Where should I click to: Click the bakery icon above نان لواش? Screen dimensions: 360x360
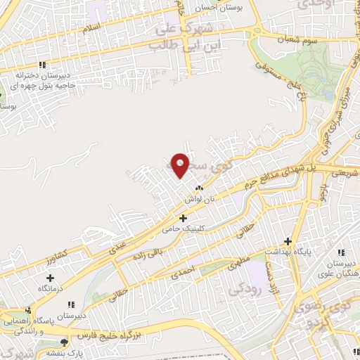click(x=198, y=188)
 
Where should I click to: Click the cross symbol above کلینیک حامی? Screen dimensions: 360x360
click(x=184, y=218)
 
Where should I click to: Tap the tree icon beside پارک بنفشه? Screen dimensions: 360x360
click(x=63, y=342)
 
